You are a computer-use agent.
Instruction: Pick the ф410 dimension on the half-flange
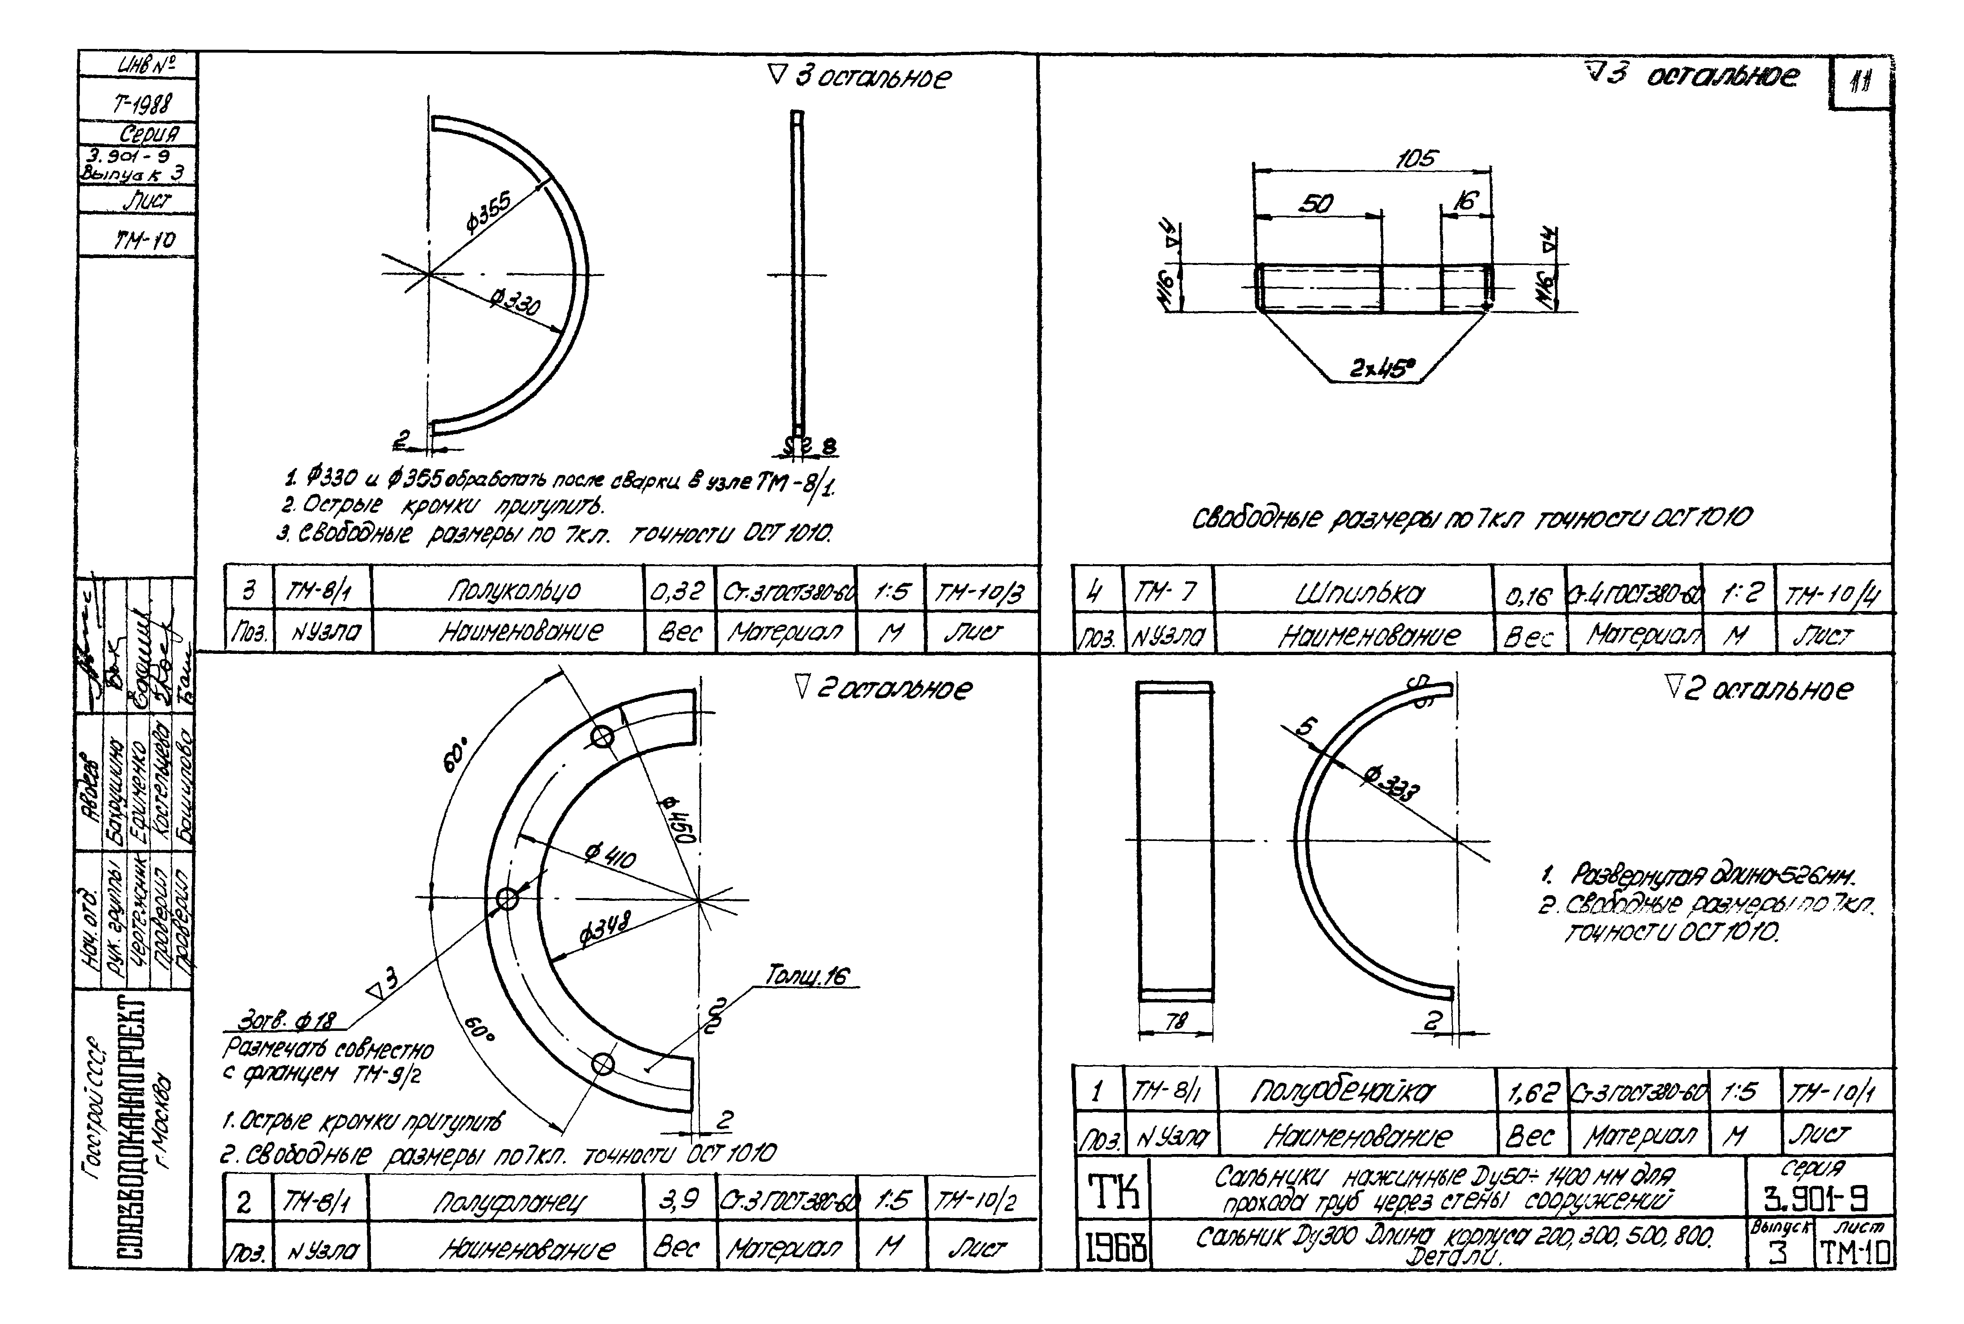(610, 857)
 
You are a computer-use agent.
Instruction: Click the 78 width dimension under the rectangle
(1174, 1022)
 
